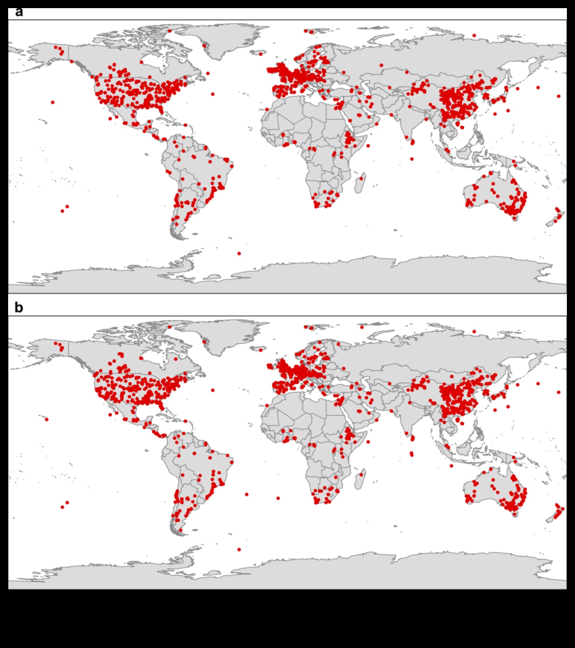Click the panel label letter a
point(19,12)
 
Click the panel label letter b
point(19,308)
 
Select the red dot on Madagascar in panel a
point(361,178)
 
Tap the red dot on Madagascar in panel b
point(361,475)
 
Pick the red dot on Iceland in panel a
point(260,53)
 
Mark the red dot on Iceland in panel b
point(260,349)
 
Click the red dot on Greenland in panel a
point(204,46)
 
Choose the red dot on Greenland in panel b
point(204,342)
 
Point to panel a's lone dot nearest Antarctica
point(239,254)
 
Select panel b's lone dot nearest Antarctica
point(239,550)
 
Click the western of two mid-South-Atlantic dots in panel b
point(247,494)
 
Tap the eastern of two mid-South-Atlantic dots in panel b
point(278,498)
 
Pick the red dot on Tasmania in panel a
point(514,218)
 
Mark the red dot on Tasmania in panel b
point(514,514)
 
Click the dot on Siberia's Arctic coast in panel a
point(474,36)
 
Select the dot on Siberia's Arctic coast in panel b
point(474,332)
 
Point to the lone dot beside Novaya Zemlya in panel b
point(362,327)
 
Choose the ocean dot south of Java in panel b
point(451,466)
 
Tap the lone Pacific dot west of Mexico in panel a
point(53,102)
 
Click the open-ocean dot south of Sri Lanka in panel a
point(412,159)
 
